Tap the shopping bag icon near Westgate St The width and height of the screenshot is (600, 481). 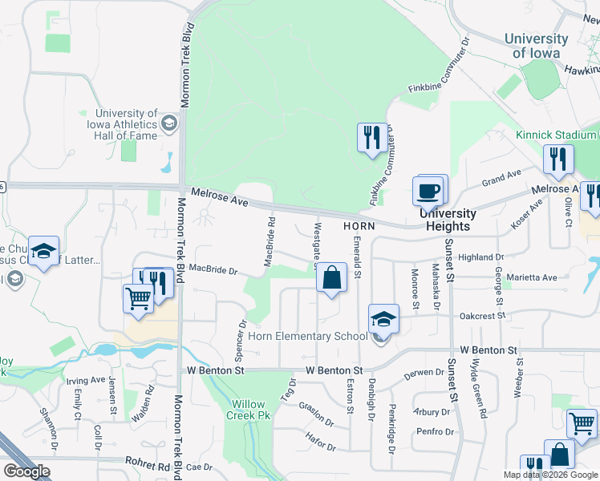point(331,278)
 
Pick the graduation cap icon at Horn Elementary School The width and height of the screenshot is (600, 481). point(384,319)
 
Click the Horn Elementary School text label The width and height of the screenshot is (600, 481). point(307,336)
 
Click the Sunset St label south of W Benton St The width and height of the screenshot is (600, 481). point(453,389)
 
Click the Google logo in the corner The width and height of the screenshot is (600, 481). point(27,471)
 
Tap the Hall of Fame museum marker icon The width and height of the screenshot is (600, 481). point(169,123)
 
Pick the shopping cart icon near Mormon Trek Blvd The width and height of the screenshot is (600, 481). point(139,298)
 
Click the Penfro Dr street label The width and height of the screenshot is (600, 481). point(436,432)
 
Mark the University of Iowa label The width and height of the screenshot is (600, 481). point(537,46)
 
